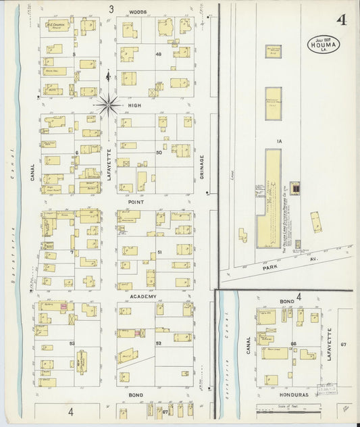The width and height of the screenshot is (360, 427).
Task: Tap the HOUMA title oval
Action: [324, 44]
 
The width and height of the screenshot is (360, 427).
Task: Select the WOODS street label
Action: [138, 12]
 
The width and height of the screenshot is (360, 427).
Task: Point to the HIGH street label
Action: [134, 105]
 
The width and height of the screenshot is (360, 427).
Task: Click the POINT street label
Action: [135, 201]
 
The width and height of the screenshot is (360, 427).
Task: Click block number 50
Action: [159, 153]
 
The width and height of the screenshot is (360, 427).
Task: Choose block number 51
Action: [159, 252]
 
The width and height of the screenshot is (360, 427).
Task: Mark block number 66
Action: [294, 343]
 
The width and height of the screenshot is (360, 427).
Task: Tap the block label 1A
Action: [278, 141]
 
